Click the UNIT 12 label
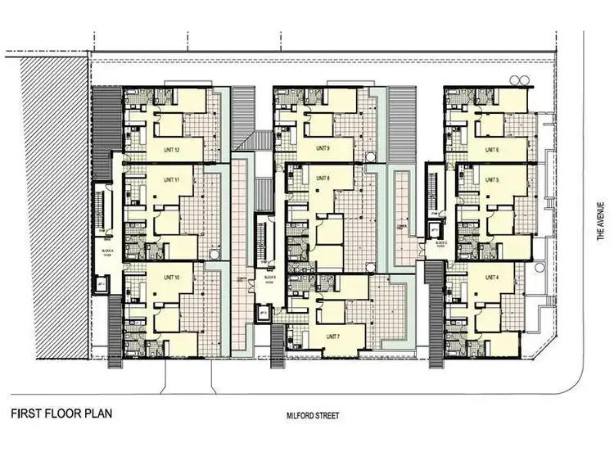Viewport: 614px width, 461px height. pyautogui.click(x=172, y=149)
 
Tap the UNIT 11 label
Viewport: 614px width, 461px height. pyautogui.click(x=171, y=179)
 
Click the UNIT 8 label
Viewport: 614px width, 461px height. pyautogui.click(x=322, y=179)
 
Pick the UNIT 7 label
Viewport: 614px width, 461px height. pyautogui.click(x=332, y=337)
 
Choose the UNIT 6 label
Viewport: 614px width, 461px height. pyautogui.click(x=491, y=149)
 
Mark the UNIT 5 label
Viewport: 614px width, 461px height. pyautogui.click(x=491, y=179)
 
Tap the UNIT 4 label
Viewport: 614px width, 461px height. pyautogui.click(x=491, y=267)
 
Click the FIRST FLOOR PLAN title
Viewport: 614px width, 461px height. pyautogui.click(x=56, y=412)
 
